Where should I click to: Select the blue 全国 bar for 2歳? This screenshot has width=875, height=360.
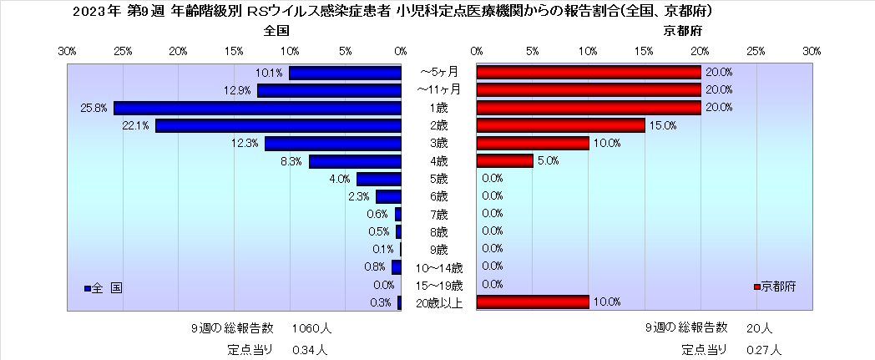click(278, 125)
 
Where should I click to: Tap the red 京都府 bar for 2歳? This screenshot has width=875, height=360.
click(560, 125)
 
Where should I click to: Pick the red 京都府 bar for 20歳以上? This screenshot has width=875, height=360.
click(533, 302)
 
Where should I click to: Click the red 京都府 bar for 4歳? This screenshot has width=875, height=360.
click(505, 160)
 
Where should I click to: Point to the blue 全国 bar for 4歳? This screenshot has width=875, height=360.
click(355, 161)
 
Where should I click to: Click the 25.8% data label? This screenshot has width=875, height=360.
click(94, 108)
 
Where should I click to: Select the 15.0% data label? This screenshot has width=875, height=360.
click(662, 125)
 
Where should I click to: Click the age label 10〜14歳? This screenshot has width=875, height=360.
click(439, 267)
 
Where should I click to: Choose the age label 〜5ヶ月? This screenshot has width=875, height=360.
click(438, 72)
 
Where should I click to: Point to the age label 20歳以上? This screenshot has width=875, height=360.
click(439, 302)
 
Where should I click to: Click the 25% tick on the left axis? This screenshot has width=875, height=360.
click(123, 52)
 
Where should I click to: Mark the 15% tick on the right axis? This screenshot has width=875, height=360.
click(644, 52)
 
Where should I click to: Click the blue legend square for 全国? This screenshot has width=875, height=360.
click(87, 288)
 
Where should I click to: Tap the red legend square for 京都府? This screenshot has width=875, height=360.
click(756, 286)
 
